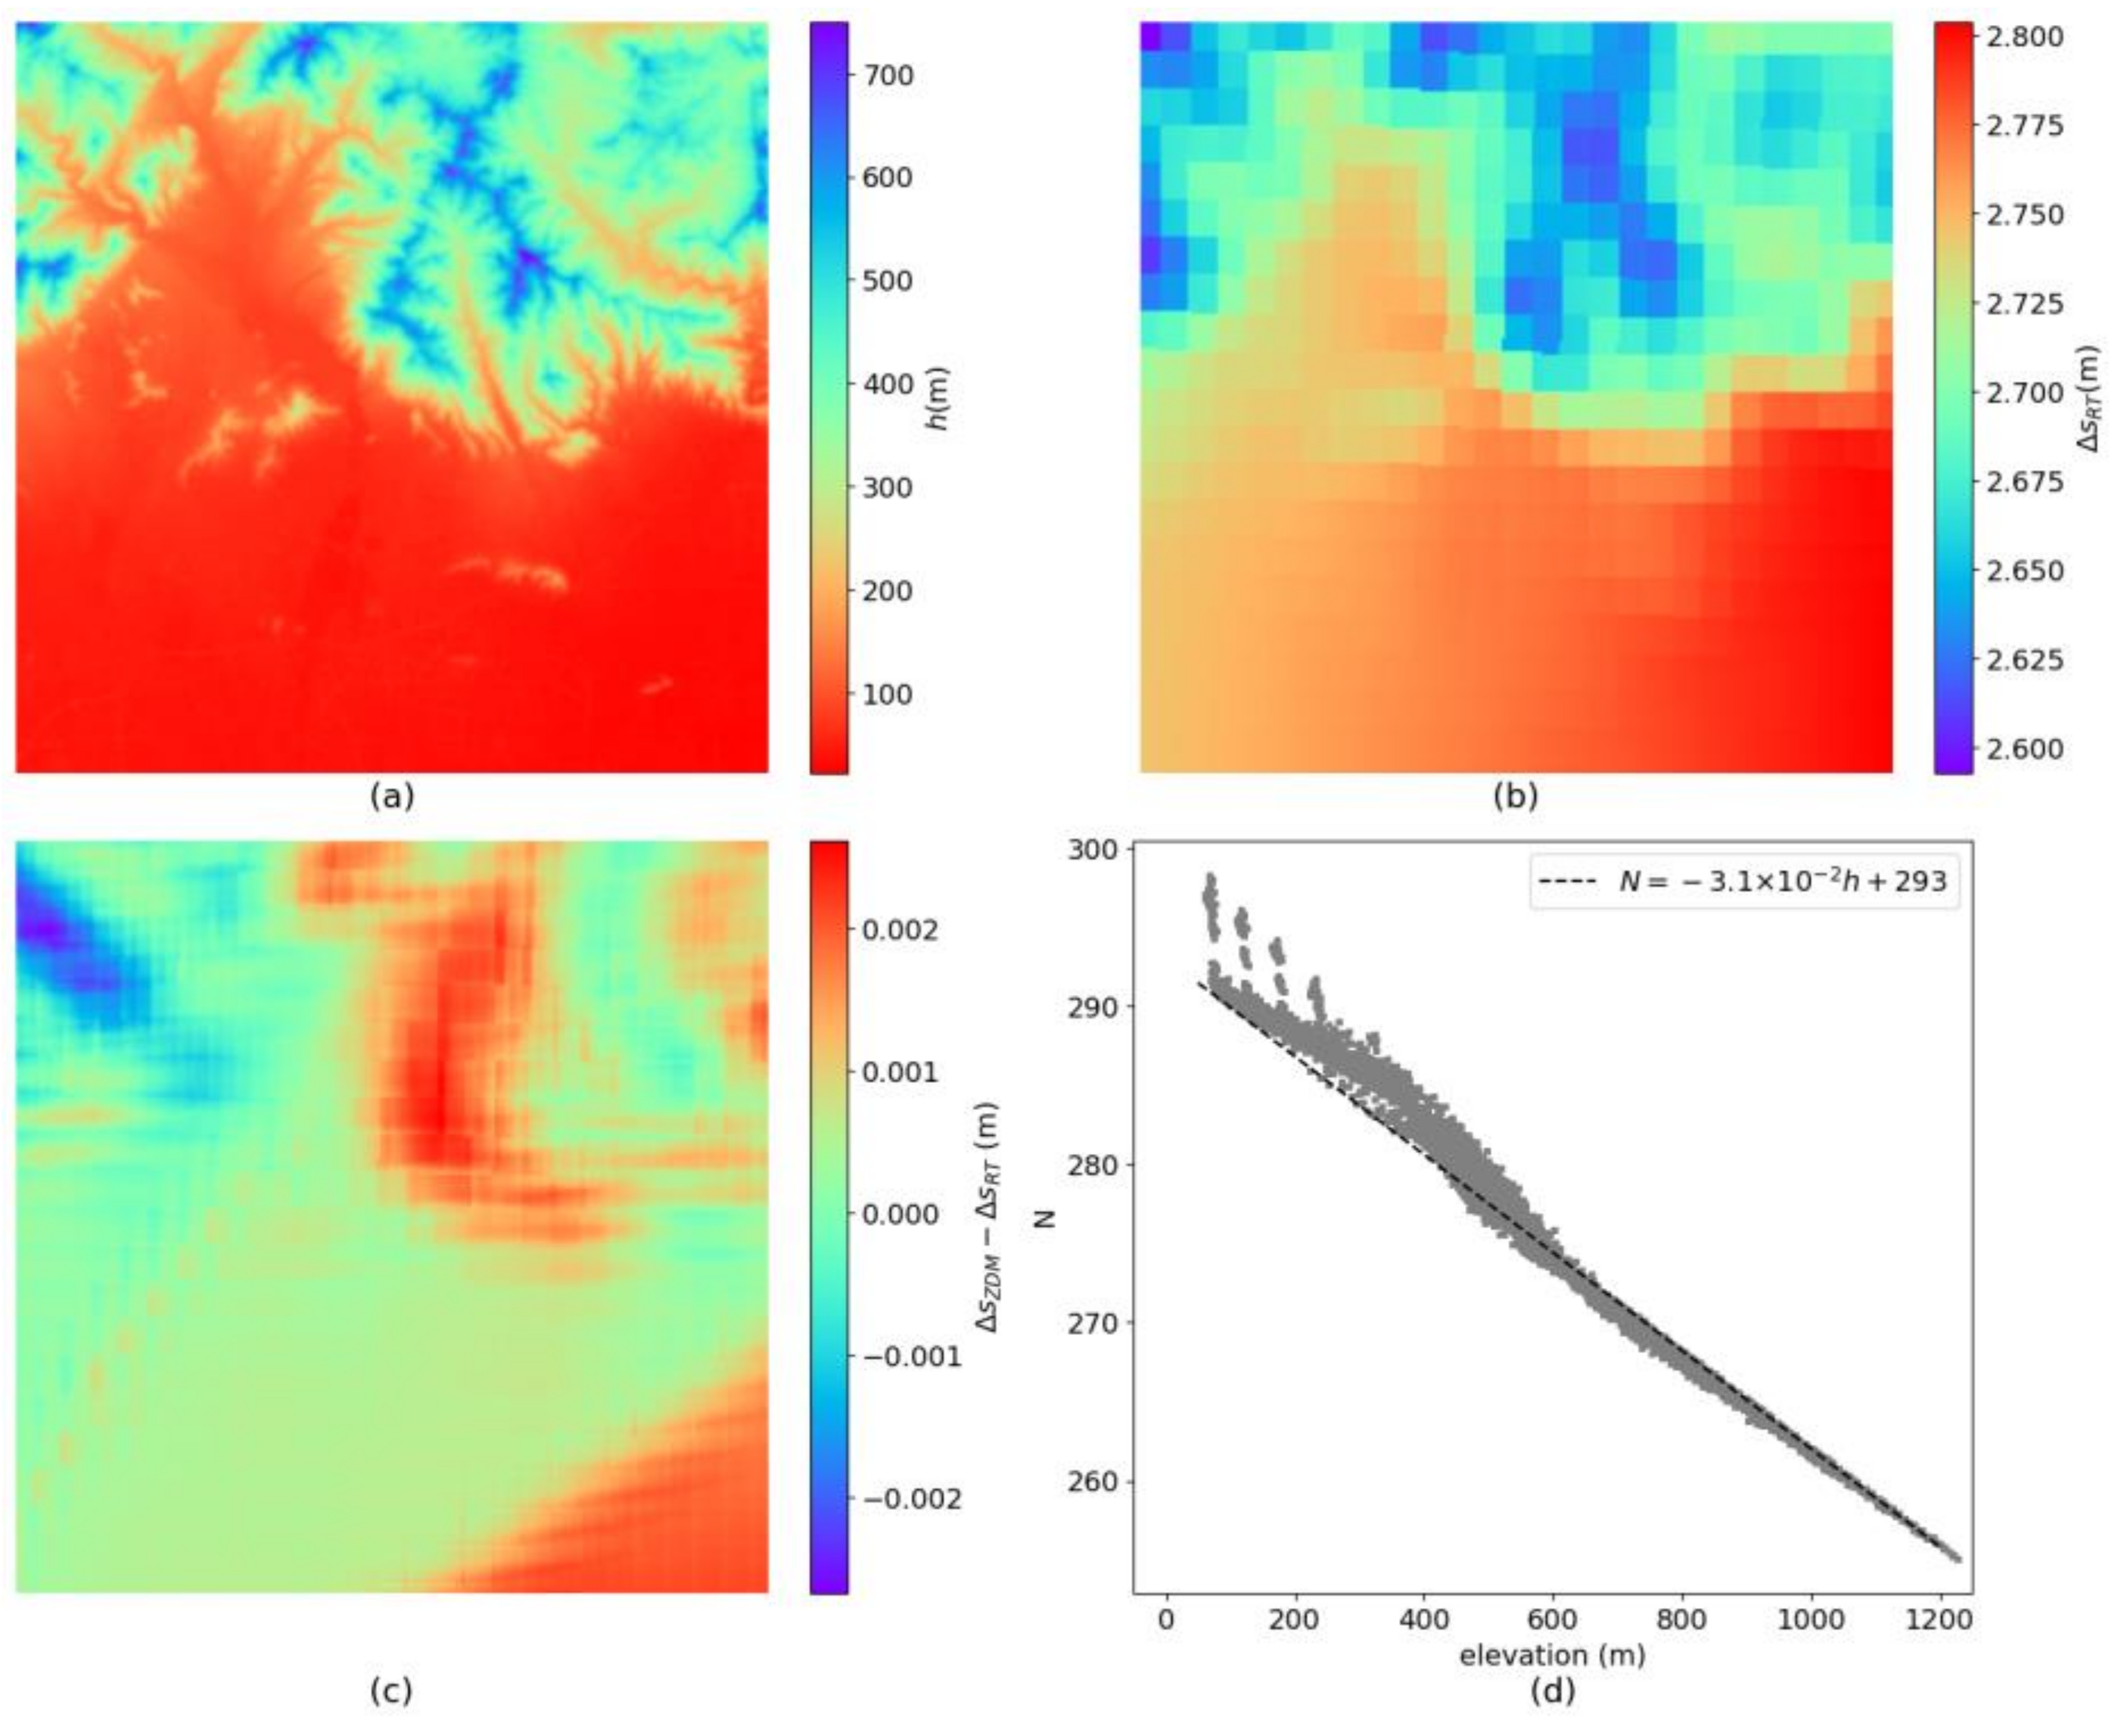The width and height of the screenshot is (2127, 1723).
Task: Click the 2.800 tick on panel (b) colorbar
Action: pos(2025,37)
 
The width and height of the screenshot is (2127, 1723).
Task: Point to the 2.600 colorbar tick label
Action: pos(2025,749)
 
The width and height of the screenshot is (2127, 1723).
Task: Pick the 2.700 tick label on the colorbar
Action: pos(2025,393)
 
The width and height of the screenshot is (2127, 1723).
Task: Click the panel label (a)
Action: pos(391,796)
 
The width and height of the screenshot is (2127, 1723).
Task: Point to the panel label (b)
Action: pos(1516,796)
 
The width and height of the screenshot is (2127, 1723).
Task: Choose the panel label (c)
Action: pos(391,1690)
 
